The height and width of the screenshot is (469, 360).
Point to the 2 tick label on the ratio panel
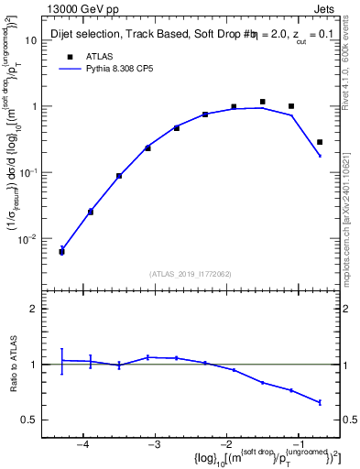coord(40,309)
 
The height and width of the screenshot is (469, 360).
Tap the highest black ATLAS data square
coord(263,102)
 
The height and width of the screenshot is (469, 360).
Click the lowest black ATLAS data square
coord(61,251)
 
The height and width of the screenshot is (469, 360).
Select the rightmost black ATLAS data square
coord(320,142)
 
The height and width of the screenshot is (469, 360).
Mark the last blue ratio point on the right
coord(320,402)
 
